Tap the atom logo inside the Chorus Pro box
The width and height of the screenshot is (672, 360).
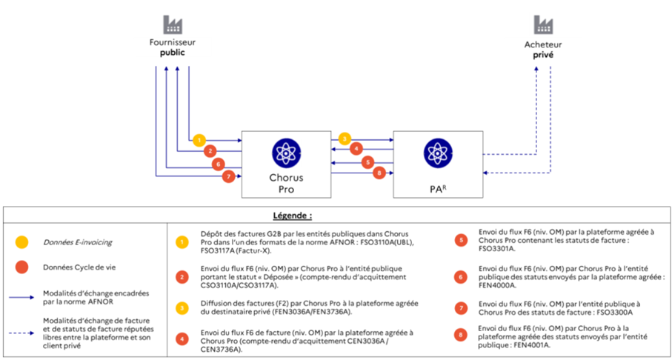(x=285, y=153)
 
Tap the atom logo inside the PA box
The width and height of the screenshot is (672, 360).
(x=436, y=153)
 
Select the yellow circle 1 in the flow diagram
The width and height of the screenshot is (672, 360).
(x=198, y=139)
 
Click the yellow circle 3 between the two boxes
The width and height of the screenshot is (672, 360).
(x=344, y=139)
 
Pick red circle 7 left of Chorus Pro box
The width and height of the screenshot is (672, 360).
(x=229, y=176)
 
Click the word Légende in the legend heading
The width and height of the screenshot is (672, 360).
(x=334, y=216)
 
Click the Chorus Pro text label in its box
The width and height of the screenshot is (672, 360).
(x=285, y=183)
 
